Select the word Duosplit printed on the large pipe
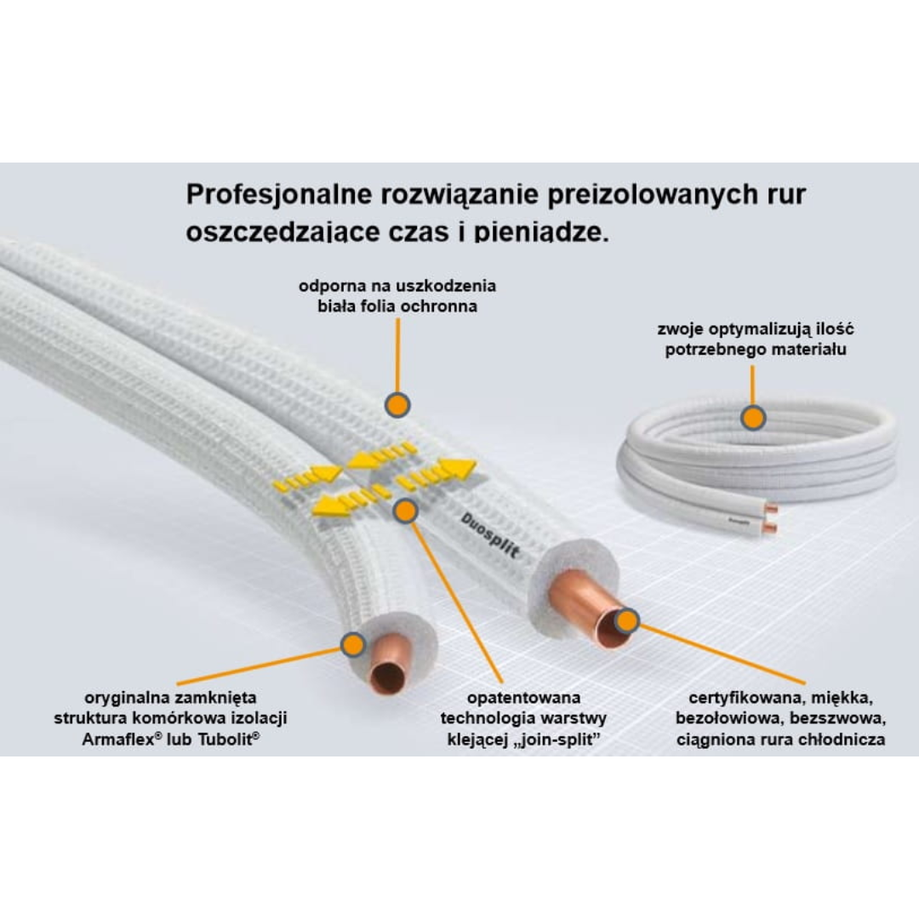490,534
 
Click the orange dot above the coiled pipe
752,418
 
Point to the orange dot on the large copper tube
627,621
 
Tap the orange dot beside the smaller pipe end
352,644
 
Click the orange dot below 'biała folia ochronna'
397,405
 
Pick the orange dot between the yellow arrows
406,511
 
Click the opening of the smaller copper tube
389,677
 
